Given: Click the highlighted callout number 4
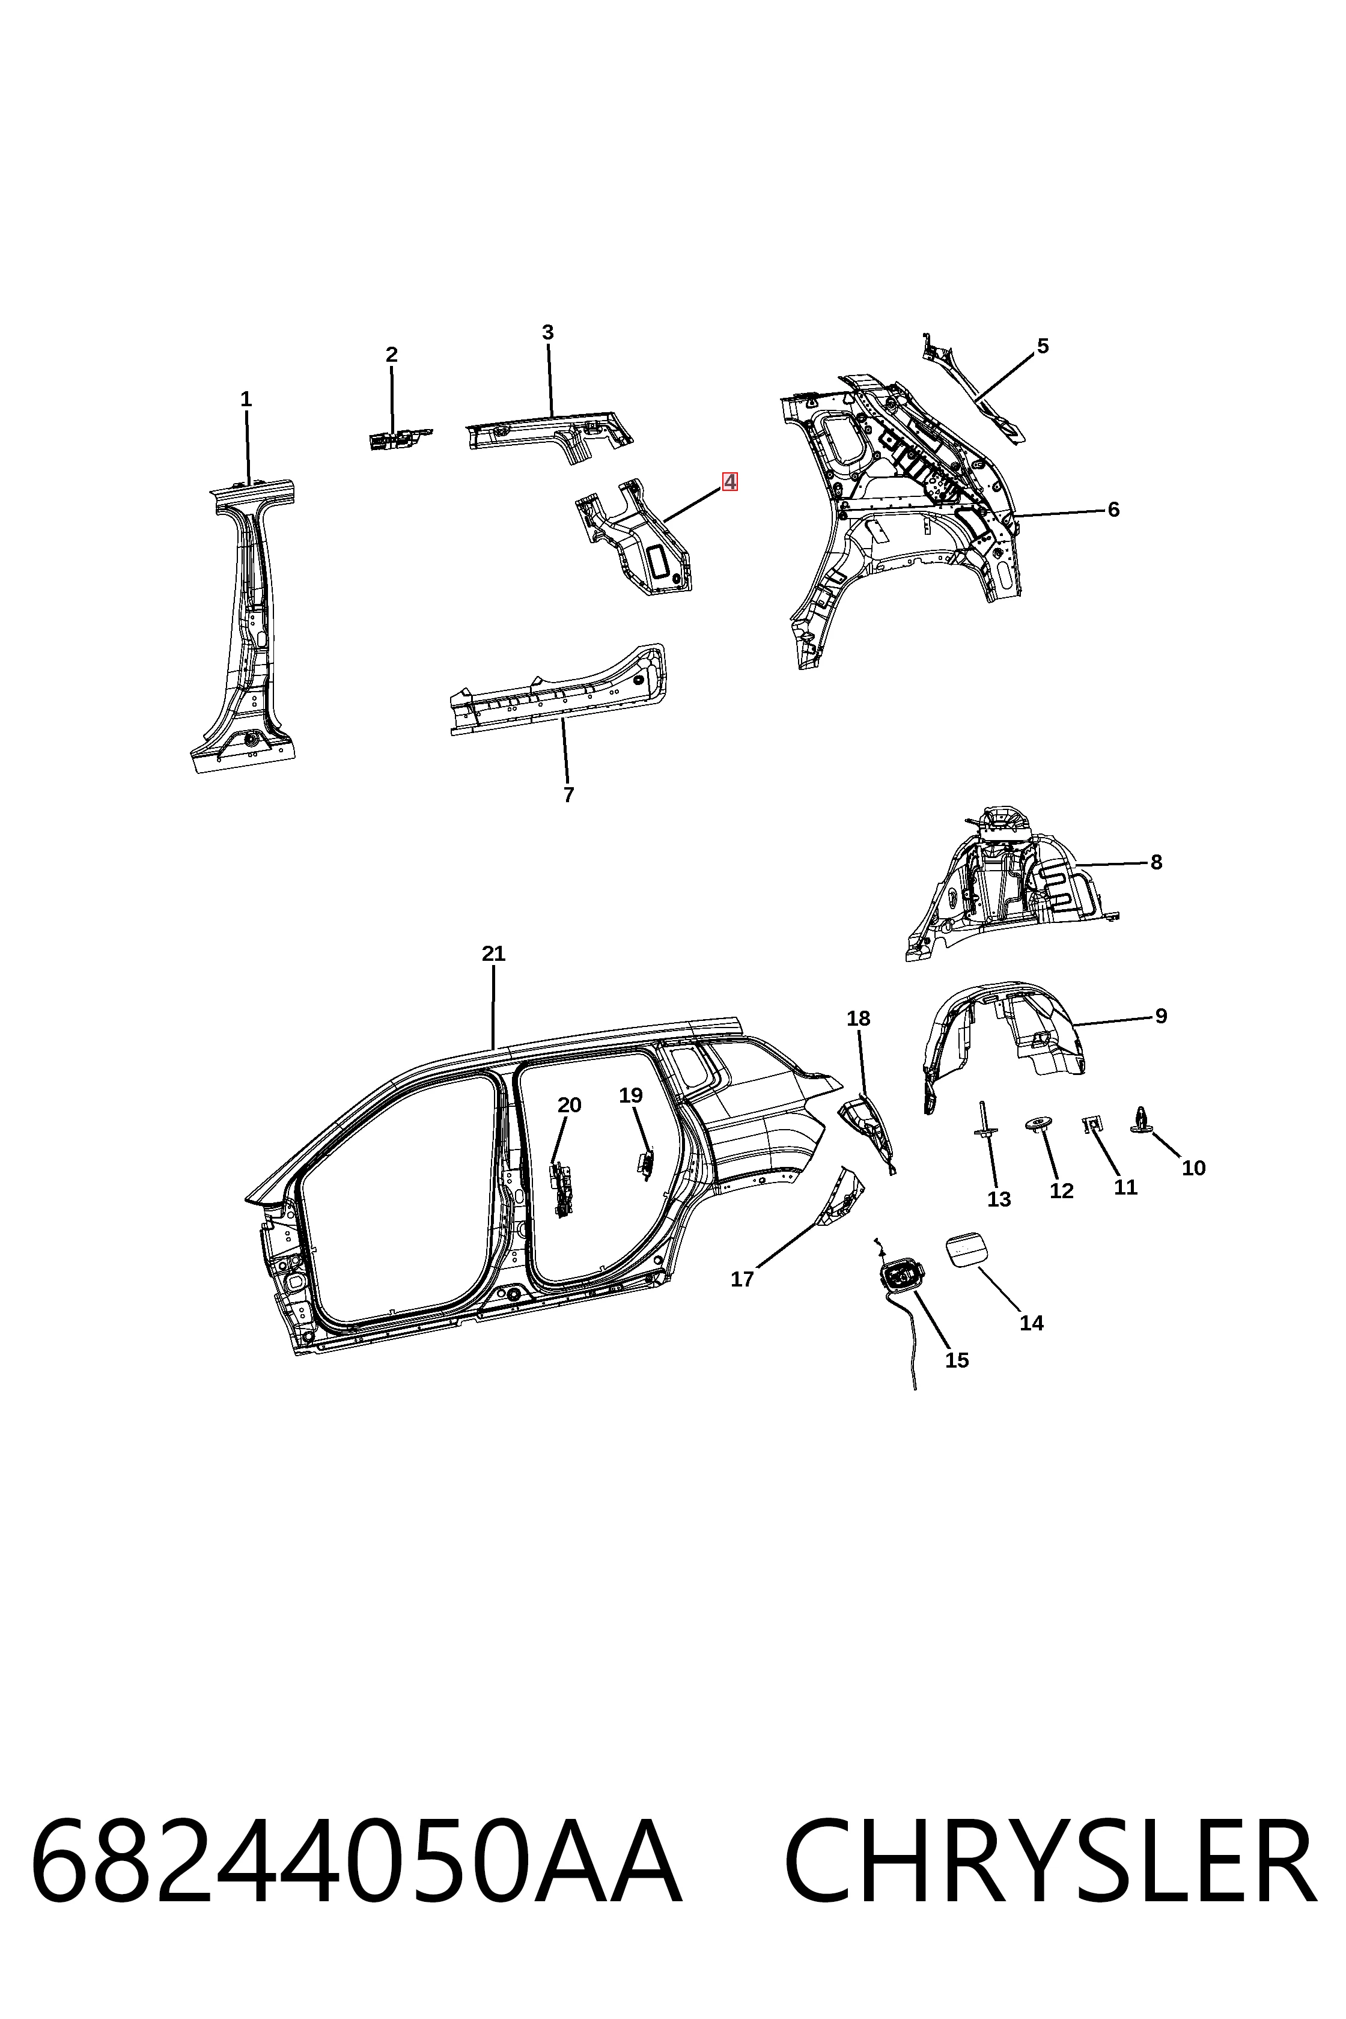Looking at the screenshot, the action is pos(729,483).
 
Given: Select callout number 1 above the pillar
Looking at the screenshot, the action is pos(246,399).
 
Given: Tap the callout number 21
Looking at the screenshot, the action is pos(493,954).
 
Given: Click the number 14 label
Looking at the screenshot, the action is pos(1032,1323).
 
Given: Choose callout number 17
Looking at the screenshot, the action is pos(742,1279).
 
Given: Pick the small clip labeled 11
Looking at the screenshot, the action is pos(1093,1124).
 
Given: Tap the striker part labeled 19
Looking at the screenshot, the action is pos(645,1164).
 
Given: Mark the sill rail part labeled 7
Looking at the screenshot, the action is pos(558,689).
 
